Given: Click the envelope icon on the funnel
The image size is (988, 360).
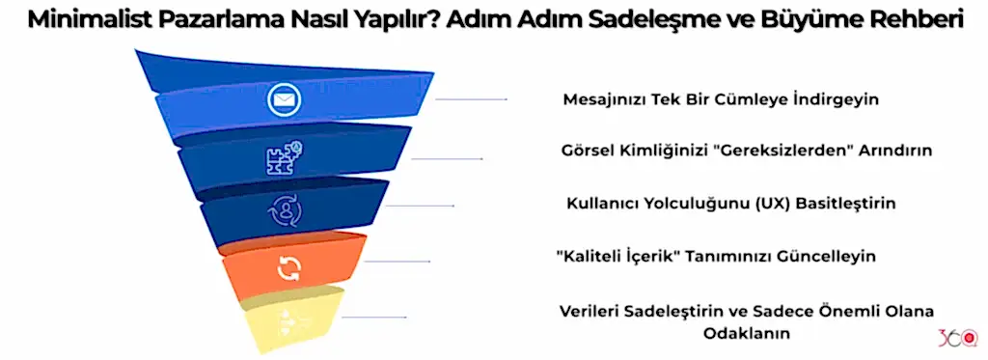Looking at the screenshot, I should point(284,98).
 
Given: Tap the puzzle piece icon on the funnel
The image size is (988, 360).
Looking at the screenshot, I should point(284,158).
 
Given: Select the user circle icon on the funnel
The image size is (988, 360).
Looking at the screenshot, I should point(287,209).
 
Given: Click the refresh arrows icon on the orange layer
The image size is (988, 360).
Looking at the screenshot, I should point(288,268).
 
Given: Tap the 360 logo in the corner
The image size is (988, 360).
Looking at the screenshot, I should point(957,339).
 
